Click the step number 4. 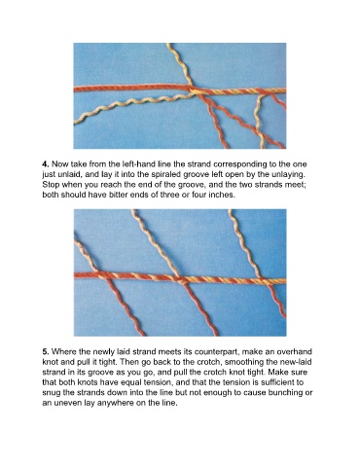pyautogui.click(x=46, y=164)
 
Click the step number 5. pyautogui.click(x=46, y=352)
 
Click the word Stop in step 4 pyautogui.click(x=51, y=185)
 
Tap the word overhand pyautogui.click(x=298, y=352)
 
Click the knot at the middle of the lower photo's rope pyautogui.click(x=183, y=280)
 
